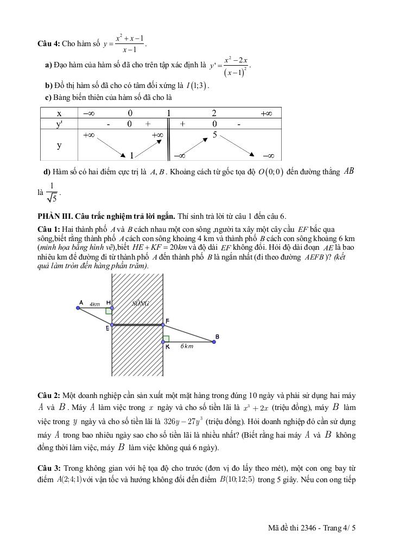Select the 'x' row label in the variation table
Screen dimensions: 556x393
(59, 113)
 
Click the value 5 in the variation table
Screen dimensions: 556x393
(215, 135)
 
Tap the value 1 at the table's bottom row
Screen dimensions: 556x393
(132, 156)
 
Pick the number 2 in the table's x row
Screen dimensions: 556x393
(214, 113)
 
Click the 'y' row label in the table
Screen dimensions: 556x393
(59, 146)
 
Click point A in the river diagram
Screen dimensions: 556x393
(78, 308)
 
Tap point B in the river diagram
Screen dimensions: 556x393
(216, 342)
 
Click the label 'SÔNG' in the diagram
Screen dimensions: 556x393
(141, 304)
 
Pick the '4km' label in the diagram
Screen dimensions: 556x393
(95, 305)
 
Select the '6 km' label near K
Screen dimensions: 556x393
(187, 346)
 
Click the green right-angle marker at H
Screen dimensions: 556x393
(109, 311)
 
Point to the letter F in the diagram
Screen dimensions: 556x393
(167, 321)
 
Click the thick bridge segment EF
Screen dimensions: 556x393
(137, 325)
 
